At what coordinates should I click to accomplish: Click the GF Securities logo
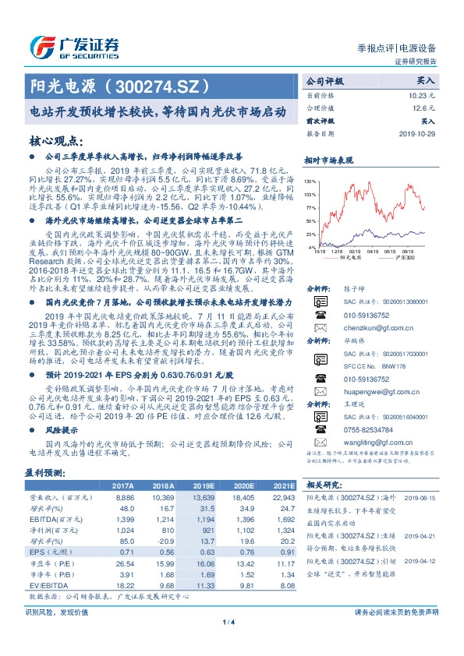click(74, 45)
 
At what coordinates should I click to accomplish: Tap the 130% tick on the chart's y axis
click(310, 180)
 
